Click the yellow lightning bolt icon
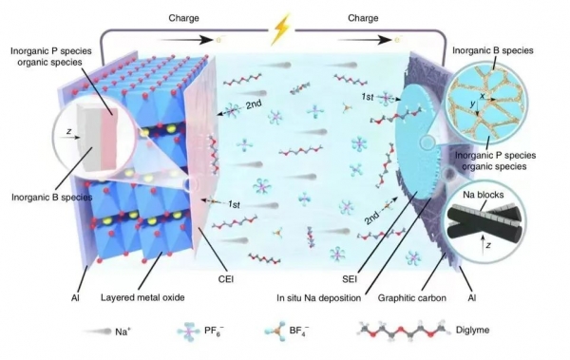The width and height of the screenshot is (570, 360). coord(281,29)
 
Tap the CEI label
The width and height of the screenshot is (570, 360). coord(226,279)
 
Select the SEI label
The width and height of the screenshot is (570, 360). coord(350,279)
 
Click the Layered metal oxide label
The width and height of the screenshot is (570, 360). coord(142,297)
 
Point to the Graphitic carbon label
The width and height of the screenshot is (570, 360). coord(412,298)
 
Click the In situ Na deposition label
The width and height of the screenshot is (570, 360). coord(319,298)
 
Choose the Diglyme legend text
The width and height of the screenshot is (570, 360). coord(472,330)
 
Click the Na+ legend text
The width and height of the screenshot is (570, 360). coord(123,332)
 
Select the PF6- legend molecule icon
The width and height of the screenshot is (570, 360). coord(189,332)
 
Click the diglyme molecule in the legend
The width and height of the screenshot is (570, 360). coord(403,331)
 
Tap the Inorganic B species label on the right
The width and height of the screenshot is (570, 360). coord(492,50)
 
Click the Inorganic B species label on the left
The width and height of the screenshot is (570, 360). coord(52,197)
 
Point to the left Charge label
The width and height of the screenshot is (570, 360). coord(183,18)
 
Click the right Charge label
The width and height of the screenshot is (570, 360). coord(363,18)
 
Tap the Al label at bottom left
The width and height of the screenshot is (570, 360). coord(75,298)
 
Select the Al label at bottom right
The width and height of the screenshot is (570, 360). coord(472,298)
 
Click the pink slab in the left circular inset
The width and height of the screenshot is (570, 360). coord(110,140)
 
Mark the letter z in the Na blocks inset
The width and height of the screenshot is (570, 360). coord(488,245)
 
